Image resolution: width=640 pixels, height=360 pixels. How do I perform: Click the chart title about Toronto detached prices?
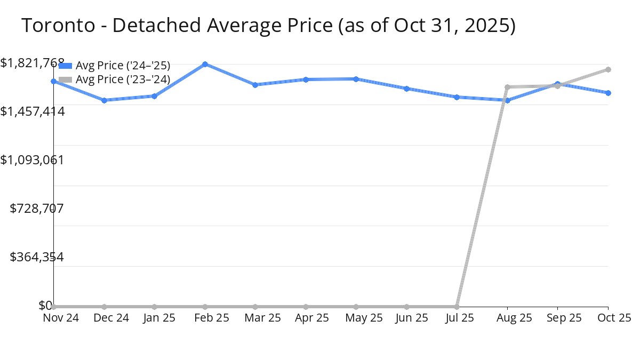(x=268, y=26)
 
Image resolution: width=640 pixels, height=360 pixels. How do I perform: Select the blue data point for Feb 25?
(x=205, y=64)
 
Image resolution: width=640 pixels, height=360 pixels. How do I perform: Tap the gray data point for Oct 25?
(x=608, y=69)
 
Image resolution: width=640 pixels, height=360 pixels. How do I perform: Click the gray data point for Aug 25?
(x=507, y=87)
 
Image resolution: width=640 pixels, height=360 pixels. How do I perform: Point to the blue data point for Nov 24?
(x=54, y=81)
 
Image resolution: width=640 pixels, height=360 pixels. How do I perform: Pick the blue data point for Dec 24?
(x=104, y=100)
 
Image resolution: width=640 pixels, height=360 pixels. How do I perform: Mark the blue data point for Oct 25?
(x=608, y=93)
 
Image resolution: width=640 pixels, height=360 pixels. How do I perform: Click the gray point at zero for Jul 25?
(x=457, y=307)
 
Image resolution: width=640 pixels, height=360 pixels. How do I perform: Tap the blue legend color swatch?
(x=65, y=66)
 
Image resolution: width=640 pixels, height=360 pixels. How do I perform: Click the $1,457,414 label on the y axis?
(x=32, y=111)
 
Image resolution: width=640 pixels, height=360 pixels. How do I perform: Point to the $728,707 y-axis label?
(x=37, y=208)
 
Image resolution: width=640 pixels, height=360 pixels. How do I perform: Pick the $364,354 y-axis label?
(x=37, y=257)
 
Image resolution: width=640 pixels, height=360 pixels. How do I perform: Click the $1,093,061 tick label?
(x=32, y=159)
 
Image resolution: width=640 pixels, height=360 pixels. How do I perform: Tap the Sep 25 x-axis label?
(x=558, y=318)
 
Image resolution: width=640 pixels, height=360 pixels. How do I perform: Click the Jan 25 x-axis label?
(x=154, y=318)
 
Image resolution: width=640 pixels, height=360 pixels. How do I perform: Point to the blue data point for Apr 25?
(x=306, y=79)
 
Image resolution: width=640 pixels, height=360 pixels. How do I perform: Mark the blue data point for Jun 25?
(x=406, y=89)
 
